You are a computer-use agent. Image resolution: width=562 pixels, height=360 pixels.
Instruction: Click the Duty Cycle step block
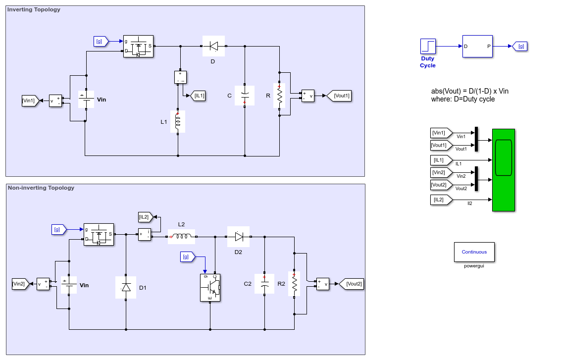(428, 46)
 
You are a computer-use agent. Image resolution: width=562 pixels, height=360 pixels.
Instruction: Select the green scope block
(503, 170)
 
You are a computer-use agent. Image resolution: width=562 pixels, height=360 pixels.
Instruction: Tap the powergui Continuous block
(474, 252)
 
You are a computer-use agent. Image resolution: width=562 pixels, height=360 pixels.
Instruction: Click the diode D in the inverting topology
(213, 46)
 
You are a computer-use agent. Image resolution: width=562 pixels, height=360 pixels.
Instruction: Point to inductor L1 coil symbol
(178, 121)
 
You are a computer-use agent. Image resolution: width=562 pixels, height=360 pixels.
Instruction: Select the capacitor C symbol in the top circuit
(245, 96)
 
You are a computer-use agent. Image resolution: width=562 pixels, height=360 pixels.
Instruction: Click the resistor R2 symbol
(294, 284)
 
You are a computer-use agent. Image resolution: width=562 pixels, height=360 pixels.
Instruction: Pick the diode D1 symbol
(126, 287)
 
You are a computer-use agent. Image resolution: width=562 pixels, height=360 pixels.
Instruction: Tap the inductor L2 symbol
(181, 237)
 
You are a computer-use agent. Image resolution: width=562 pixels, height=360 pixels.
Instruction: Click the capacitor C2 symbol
(264, 284)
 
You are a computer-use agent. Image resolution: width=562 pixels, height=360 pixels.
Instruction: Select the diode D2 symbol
(238, 237)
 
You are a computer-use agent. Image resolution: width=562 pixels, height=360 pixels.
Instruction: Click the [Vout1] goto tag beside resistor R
(339, 96)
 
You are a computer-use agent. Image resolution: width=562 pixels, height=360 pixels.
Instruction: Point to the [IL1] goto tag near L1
(198, 96)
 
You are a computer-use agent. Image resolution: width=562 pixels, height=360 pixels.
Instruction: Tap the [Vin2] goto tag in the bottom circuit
(20, 284)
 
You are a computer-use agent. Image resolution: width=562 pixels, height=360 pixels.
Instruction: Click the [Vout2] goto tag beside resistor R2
(352, 284)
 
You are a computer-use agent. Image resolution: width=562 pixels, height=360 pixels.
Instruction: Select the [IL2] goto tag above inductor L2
(146, 217)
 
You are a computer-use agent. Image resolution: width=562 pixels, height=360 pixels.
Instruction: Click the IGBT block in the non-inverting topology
(210, 288)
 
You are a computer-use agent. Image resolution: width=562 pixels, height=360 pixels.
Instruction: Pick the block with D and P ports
(477, 46)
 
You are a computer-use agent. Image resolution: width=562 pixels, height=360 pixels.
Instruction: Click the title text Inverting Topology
(34, 10)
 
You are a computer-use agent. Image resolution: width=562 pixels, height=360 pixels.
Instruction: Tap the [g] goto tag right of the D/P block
(520, 46)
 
